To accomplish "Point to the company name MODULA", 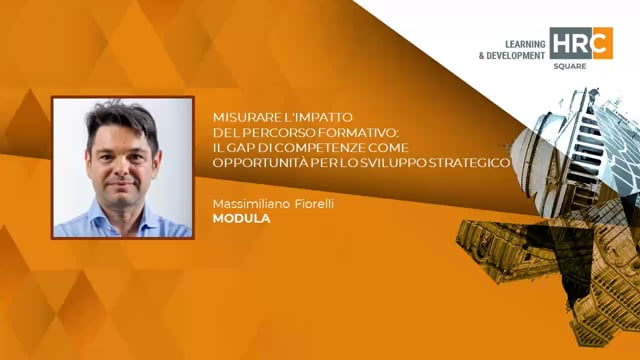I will pyautogui.click(x=241, y=218).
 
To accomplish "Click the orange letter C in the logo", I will pyautogui.click(x=602, y=43).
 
